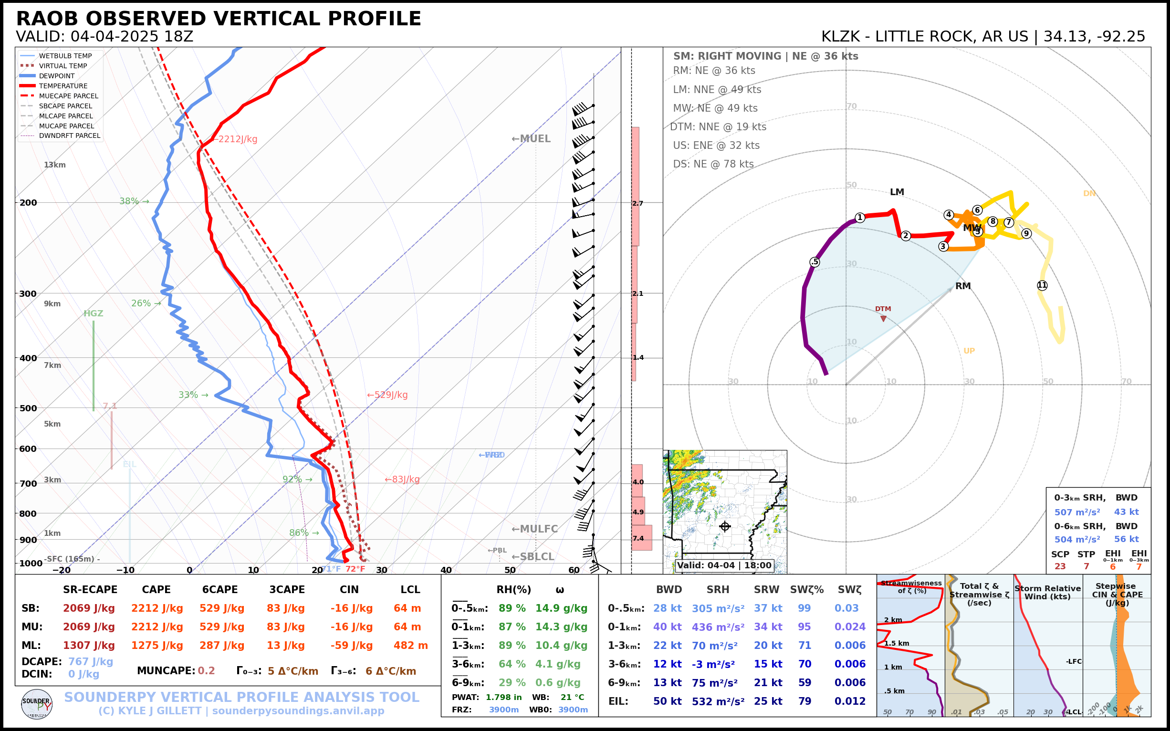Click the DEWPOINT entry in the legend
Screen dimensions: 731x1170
[x=57, y=76]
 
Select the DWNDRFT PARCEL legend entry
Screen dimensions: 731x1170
[x=70, y=136]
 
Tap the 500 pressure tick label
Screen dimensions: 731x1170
[x=28, y=408]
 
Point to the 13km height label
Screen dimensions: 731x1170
[x=54, y=165]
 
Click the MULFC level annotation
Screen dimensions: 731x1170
[x=534, y=529]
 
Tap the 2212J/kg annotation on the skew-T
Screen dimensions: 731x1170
[x=236, y=139]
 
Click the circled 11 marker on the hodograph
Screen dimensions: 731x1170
[x=1042, y=285]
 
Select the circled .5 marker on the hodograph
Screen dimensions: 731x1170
[x=815, y=262]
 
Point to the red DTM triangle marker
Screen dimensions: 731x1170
[x=883, y=319]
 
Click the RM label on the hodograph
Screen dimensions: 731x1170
[x=962, y=286]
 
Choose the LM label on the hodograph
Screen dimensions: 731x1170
[x=897, y=192]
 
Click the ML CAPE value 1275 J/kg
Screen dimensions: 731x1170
[x=157, y=646]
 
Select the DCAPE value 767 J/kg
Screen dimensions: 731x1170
[x=90, y=661]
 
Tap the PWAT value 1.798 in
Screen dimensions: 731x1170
[x=503, y=697]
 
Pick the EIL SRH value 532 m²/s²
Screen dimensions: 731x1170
[x=718, y=701]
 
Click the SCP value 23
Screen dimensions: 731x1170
[x=1060, y=567]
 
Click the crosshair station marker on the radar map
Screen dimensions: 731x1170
[x=724, y=526]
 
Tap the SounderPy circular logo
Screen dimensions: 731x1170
[x=37, y=704]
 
